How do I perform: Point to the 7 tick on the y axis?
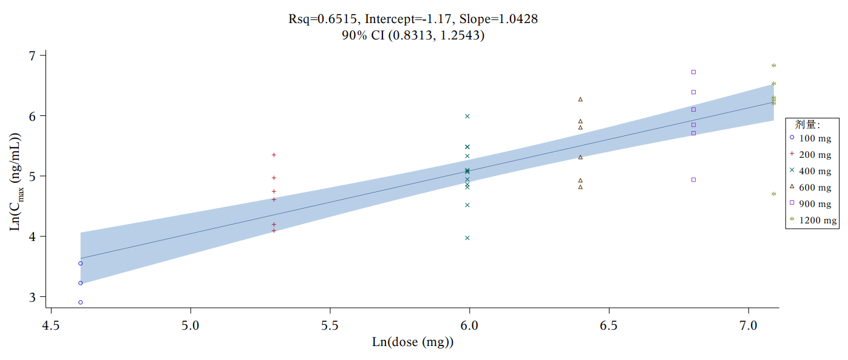point(33,55)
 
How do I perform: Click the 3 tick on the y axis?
point(33,297)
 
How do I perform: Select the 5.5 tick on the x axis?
point(330,326)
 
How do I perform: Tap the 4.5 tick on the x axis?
point(51,326)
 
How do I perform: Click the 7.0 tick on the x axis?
point(748,326)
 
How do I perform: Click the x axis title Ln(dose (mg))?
point(413,342)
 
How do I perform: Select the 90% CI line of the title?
point(413,36)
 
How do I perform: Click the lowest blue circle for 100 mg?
point(80,302)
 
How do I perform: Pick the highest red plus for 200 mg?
point(274,155)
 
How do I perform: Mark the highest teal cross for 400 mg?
point(467,116)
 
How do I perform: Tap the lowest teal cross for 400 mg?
point(467,238)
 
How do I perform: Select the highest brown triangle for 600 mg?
point(580,99)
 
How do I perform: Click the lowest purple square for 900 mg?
point(693,180)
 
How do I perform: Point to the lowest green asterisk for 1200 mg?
point(773,194)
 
